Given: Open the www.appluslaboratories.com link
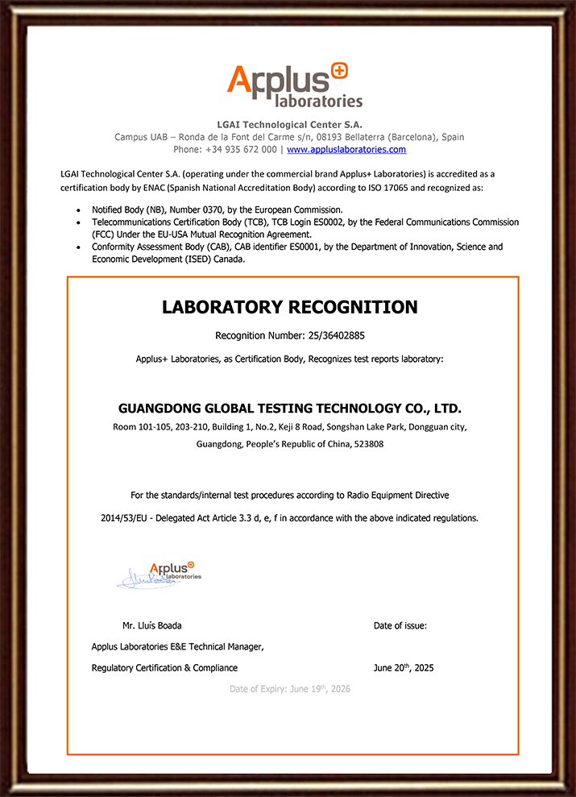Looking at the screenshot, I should click(346, 150).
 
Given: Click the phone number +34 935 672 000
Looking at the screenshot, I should click(241, 150).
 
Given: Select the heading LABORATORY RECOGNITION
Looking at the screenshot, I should click(290, 307).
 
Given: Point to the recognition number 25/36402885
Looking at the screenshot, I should click(330, 334).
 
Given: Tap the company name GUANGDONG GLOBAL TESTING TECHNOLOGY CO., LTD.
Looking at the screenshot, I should click(290, 408).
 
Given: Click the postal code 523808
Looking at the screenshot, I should click(369, 444).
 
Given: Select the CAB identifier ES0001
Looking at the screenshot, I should click(281, 247).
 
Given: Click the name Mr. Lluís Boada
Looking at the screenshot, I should click(151, 625).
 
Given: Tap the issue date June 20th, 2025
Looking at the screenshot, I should click(404, 668).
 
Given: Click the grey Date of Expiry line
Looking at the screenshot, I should click(290, 689).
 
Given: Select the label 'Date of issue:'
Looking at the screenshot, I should click(400, 625).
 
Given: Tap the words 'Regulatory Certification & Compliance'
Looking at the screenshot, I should click(164, 668).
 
